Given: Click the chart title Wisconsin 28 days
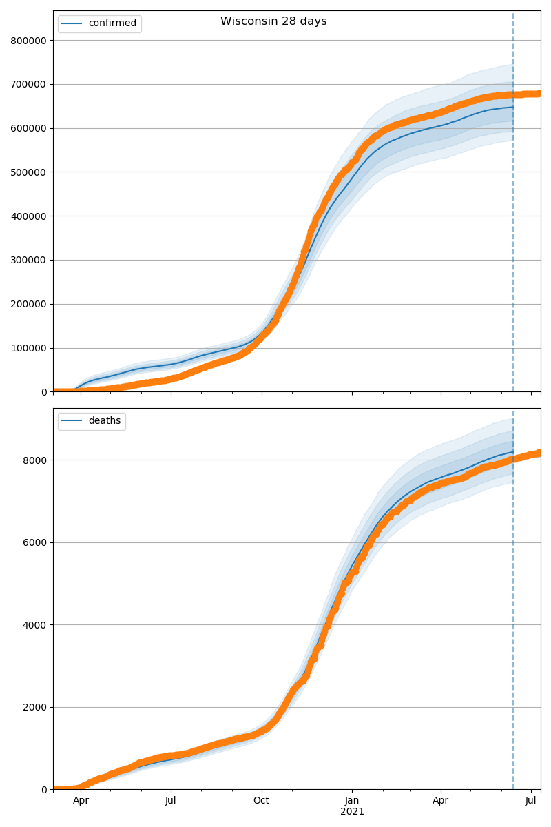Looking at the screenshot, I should [x=273, y=21].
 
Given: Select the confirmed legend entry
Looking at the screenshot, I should [x=112, y=23].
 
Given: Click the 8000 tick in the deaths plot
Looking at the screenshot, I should [x=36, y=460].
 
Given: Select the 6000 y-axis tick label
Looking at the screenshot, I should [x=36, y=542].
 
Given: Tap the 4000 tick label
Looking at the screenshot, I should [x=36, y=625].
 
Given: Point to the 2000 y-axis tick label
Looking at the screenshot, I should [x=36, y=707].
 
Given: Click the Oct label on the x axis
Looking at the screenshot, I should [x=261, y=801].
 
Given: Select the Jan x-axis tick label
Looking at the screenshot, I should [x=352, y=801].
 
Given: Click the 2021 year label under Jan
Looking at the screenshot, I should [x=352, y=812].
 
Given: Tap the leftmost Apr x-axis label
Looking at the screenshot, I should [x=81, y=801].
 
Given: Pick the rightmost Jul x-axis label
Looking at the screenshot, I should [x=531, y=801].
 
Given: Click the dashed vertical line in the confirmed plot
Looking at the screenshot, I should [x=513, y=207].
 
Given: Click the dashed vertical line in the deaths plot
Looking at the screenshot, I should [x=513, y=620].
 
